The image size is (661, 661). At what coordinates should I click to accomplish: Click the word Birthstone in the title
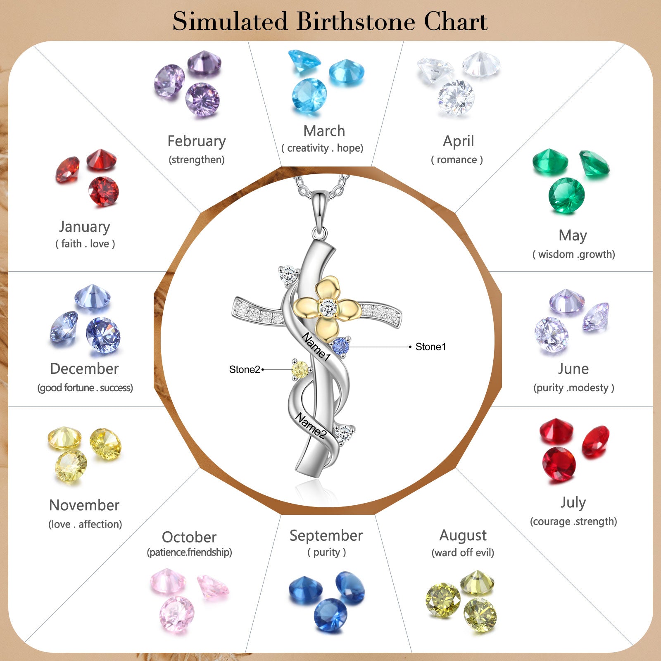356,21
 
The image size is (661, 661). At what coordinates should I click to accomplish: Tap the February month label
197,141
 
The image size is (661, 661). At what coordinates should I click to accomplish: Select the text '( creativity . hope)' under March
322,148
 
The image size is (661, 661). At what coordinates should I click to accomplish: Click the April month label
458,141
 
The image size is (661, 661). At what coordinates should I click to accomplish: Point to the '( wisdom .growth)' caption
573,254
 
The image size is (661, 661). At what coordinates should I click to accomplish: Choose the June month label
573,369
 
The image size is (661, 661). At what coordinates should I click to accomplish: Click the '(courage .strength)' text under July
573,521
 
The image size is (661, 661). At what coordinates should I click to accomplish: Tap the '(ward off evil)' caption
463,553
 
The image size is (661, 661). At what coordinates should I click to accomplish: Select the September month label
326,535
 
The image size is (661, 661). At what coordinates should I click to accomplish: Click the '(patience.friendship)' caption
190,552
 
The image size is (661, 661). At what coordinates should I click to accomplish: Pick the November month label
84,505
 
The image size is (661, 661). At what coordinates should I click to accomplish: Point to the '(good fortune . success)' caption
85,388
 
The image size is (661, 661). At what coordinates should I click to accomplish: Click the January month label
85,226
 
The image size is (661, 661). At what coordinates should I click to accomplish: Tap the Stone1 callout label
430,347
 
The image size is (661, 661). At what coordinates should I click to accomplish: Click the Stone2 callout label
245,369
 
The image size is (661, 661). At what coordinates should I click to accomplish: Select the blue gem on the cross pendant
341,346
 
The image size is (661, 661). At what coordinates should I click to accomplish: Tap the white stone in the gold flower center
328,307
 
